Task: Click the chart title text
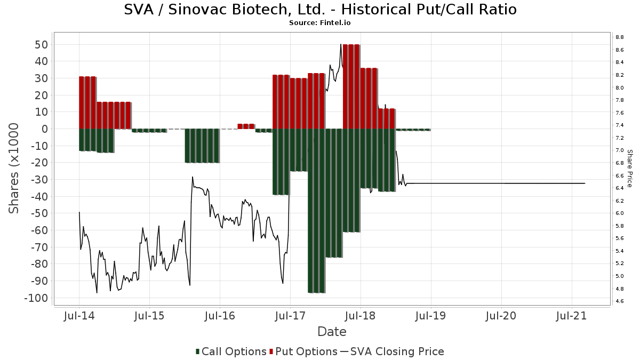click(320, 10)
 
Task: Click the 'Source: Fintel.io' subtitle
click(320, 23)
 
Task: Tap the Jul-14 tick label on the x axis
click(79, 316)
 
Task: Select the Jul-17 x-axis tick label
click(290, 316)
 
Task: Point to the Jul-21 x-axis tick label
click(572, 316)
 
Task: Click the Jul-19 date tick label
click(431, 316)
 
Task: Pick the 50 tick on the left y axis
click(42, 44)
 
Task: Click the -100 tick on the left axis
click(36, 298)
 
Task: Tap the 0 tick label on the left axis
click(45, 129)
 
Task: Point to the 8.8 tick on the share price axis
click(620, 37)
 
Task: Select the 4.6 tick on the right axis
click(620, 301)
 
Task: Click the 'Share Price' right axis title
click(629, 168)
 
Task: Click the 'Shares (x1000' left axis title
click(14, 168)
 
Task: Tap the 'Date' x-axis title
click(332, 332)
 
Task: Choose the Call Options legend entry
click(231, 351)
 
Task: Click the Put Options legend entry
click(303, 351)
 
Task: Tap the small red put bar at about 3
click(246, 126)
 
